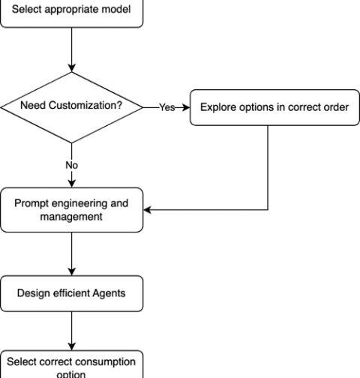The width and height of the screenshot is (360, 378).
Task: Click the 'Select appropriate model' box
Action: coord(72,13)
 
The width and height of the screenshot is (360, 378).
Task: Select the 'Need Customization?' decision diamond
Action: coord(72,107)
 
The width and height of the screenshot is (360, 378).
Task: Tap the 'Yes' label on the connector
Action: coord(167,107)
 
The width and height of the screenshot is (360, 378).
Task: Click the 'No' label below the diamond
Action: coord(72,165)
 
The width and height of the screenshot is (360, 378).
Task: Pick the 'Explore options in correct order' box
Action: coord(274,107)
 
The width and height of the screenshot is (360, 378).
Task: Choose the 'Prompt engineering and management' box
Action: coord(72,210)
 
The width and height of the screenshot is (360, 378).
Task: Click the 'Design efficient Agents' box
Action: coord(72,293)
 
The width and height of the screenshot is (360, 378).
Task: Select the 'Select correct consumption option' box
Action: coord(72,364)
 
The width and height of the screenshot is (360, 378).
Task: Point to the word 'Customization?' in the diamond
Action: coord(85,105)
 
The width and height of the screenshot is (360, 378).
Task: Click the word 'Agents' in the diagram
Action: coord(109,293)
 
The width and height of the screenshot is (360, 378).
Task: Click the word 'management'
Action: coord(71,217)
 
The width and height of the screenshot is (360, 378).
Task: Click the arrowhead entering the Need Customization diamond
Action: coord(72,68)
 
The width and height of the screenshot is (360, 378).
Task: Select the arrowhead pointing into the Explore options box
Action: coord(186,107)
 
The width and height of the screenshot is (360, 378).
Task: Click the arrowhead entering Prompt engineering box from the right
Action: coord(148,210)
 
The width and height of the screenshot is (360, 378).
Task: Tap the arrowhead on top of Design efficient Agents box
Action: coord(72,271)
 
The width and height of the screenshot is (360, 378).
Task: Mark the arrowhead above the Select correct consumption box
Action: coord(72,346)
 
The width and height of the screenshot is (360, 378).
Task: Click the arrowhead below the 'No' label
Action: coord(72,184)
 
